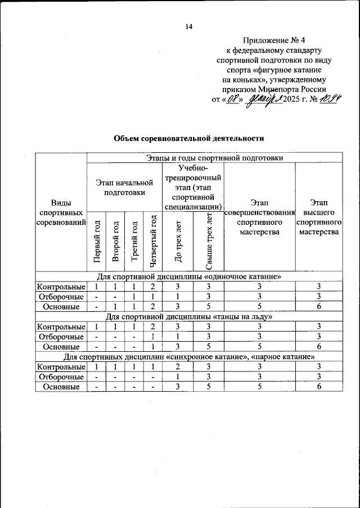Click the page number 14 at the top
(x=189, y=26)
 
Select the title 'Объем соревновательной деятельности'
(x=189, y=138)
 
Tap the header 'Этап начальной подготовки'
(x=124, y=187)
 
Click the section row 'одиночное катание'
(x=189, y=277)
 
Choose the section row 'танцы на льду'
(x=189, y=317)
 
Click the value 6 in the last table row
(x=319, y=387)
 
